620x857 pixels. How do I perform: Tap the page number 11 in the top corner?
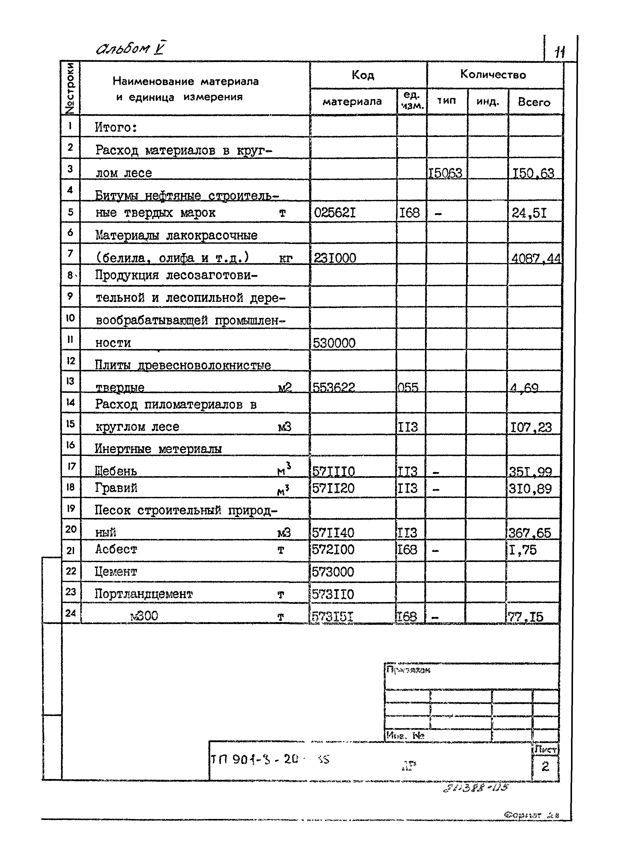tap(559, 51)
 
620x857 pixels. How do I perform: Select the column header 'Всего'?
tap(534, 102)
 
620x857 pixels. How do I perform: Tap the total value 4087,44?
tap(536, 258)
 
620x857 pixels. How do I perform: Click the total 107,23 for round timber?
tap(531, 427)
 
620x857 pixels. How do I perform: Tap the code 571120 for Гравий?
tap(333, 488)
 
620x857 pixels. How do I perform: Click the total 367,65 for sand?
tap(529, 533)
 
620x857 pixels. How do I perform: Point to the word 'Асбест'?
tap(116, 549)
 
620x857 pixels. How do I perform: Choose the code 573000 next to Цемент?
tap(333, 572)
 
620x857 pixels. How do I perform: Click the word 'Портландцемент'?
tap(143, 594)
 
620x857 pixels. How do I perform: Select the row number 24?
tap(70, 613)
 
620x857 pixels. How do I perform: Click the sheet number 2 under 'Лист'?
tap(545, 766)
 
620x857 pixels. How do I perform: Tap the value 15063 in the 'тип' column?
tap(445, 173)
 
